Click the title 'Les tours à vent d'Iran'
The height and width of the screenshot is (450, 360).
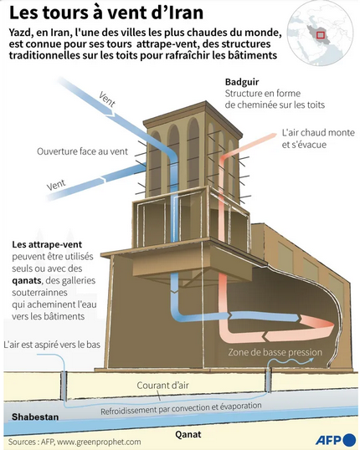pyautogui.click(x=106, y=13)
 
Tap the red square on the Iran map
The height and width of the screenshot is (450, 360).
pyautogui.click(x=321, y=35)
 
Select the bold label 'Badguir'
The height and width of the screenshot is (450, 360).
pyautogui.click(x=242, y=82)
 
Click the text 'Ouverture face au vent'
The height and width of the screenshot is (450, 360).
pyautogui.click(x=82, y=151)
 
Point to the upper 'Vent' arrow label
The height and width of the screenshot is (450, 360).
pyautogui.click(x=107, y=99)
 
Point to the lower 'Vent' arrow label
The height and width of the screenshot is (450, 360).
pyautogui.click(x=56, y=184)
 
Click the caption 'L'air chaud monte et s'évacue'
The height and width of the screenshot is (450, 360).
pyautogui.click(x=318, y=138)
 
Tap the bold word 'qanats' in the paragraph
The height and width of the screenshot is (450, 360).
pyautogui.click(x=27, y=280)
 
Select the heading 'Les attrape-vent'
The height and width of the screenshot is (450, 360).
pyautogui.click(x=47, y=244)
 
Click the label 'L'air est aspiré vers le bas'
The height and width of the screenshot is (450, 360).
pyautogui.click(x=52, y=344)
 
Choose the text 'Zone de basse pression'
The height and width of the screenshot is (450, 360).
pyautogui.click(x=275, y=352)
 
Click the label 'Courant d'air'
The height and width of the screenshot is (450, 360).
pyautogui.click(x=162, y=385)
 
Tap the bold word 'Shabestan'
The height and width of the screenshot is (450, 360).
pyautogui.click(x=35, y=417)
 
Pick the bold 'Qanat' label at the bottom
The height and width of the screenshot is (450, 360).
pyautogui.click(x=188, y=434)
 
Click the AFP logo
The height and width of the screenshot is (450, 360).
pyautogui.click(x=336, y=440)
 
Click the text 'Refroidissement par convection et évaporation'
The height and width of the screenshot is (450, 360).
pyautogui.click(x=181, y=408)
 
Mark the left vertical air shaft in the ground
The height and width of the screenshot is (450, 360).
pyautogui.click(x=64, y=386)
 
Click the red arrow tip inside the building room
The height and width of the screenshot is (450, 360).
pyautogui.click(x=332, y=325)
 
